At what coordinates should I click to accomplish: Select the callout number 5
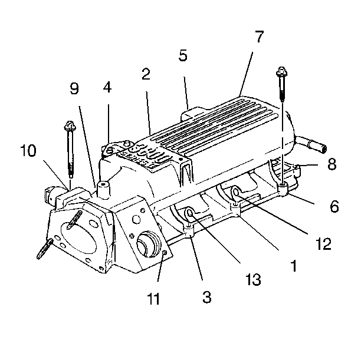(x=183, y=56)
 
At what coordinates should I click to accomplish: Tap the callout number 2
(x=146, y=75)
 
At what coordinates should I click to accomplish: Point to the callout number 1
(x=291, y=266)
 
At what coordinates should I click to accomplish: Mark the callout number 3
(x=206, y=297)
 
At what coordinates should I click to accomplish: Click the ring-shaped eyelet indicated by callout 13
(x=189, y=214)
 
